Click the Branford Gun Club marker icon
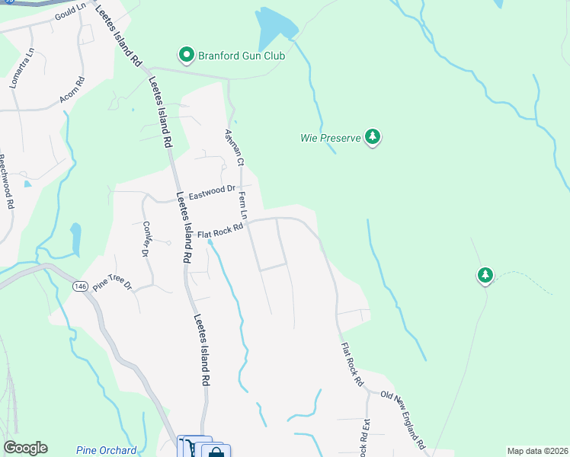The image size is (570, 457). pos(186,55)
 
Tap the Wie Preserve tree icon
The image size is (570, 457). pos(373,138)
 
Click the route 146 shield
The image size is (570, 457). pos(81,286)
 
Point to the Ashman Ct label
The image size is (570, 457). pos(233,148)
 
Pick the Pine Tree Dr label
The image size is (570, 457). pos(112,286)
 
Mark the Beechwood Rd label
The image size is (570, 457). pos(5,183)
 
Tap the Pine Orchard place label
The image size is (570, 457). pos(107,450)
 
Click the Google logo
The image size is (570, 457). pos(25,448)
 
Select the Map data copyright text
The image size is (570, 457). pos(536,451)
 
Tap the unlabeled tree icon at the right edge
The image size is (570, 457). pos(485,275)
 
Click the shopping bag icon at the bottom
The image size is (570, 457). pos(216,451)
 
